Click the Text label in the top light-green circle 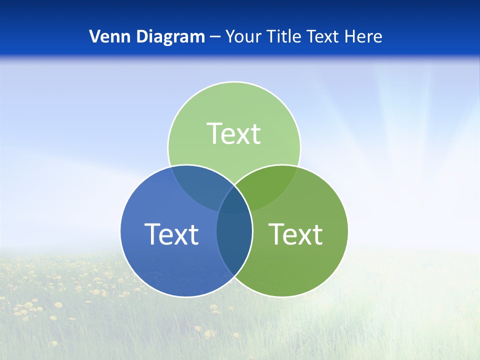pos(234,134)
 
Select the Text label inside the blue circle pos(171,234)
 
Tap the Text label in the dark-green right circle pos(295,234)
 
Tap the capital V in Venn pos(94,36)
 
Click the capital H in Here pos(352,36)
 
